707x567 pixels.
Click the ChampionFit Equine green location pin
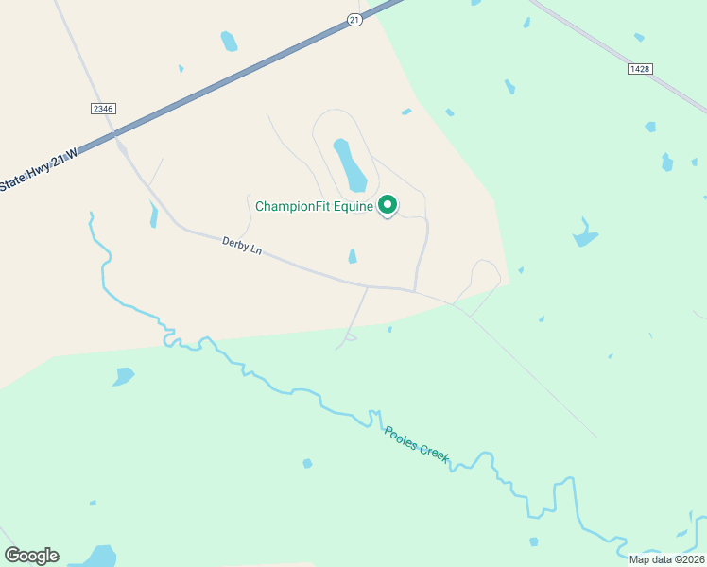click(x=387, y=204)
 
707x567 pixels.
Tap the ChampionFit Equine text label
click(x=316, y=205)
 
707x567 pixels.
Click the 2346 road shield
click(x=103, y=109)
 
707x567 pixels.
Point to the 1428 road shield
click(x=640, y=69)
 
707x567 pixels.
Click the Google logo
click(x=31, y=555)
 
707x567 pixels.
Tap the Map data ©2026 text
click(x=666, y=559)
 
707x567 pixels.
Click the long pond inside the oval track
click(x=350, y=163)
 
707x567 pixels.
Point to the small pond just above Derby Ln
click(x=353, y=256)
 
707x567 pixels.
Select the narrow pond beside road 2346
click(x=153, y=215)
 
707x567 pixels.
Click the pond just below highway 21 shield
click(x=229, y=42)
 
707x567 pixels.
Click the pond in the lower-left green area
click(x=123, y=376)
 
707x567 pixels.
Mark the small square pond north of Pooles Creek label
click(x=307, y=463)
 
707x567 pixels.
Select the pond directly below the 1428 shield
click(x=649, y=126)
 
